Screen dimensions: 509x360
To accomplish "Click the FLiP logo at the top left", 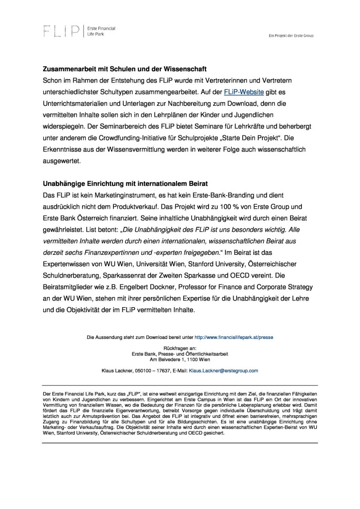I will click(61, 31).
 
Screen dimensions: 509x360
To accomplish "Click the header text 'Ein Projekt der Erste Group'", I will click(291, 36).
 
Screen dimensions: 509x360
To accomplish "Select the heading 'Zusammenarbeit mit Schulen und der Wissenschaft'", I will click(125, 69).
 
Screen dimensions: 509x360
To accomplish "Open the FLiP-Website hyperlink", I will click(244, 92).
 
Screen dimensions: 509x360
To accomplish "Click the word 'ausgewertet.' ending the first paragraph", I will click(62, 161).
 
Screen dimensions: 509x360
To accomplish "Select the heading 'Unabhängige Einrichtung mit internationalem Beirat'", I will click(125, 184).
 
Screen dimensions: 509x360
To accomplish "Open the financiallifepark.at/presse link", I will click(234, 338).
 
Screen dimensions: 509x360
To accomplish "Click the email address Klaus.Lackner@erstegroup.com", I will click(224, 371).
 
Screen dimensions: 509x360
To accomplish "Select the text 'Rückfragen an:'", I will click(180, 348).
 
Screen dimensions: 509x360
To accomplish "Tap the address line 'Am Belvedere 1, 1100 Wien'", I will click(180, 359).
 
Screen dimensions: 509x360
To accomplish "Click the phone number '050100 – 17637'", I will click(153, 371).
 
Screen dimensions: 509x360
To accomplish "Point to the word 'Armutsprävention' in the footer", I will click(101, 416).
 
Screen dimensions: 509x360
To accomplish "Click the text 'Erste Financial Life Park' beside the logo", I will click(101, 31).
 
